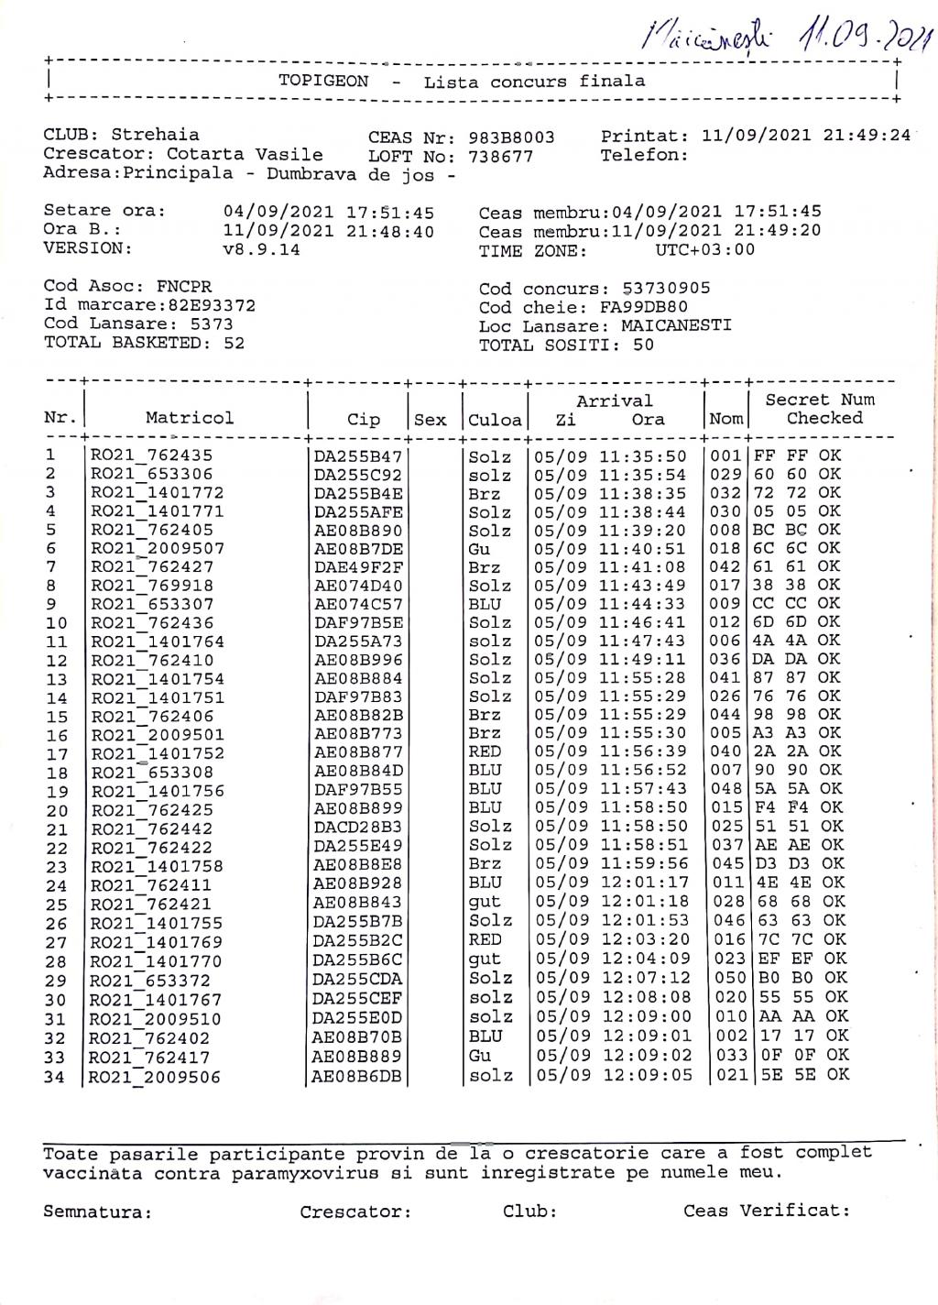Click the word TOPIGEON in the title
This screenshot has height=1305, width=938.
(323, 81)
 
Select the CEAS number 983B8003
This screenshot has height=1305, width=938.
(511, 137)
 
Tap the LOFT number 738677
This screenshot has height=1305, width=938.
(500, 156)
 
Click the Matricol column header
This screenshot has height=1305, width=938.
(190, 418)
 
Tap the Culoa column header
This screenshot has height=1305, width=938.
(495, 420)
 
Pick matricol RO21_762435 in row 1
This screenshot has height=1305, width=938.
(151, 455)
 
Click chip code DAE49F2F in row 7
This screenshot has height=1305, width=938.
(358, 567)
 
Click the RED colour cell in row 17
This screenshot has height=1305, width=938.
(485, 751)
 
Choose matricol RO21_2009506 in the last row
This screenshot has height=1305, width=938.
(156, 1078)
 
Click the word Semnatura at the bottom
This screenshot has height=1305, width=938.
(97, 1212)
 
